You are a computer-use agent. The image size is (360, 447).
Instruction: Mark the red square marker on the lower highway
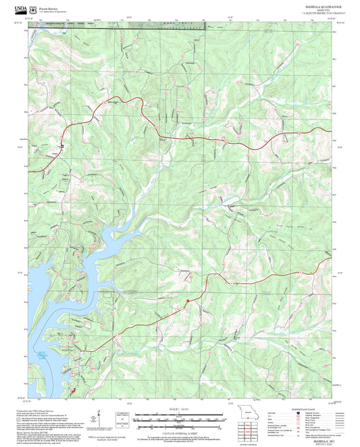(188, 298)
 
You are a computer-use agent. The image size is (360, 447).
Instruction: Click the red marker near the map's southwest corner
(73, 389)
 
